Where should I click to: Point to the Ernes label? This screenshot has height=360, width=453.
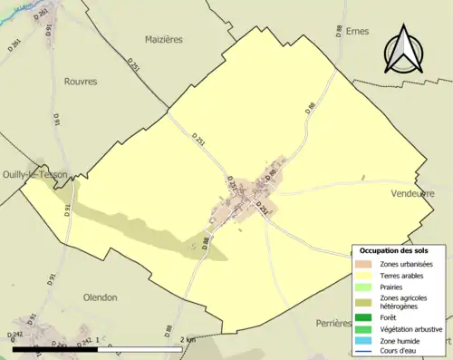[x=357, y=31]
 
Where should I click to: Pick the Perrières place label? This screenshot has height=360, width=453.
[x=329, y=323]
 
